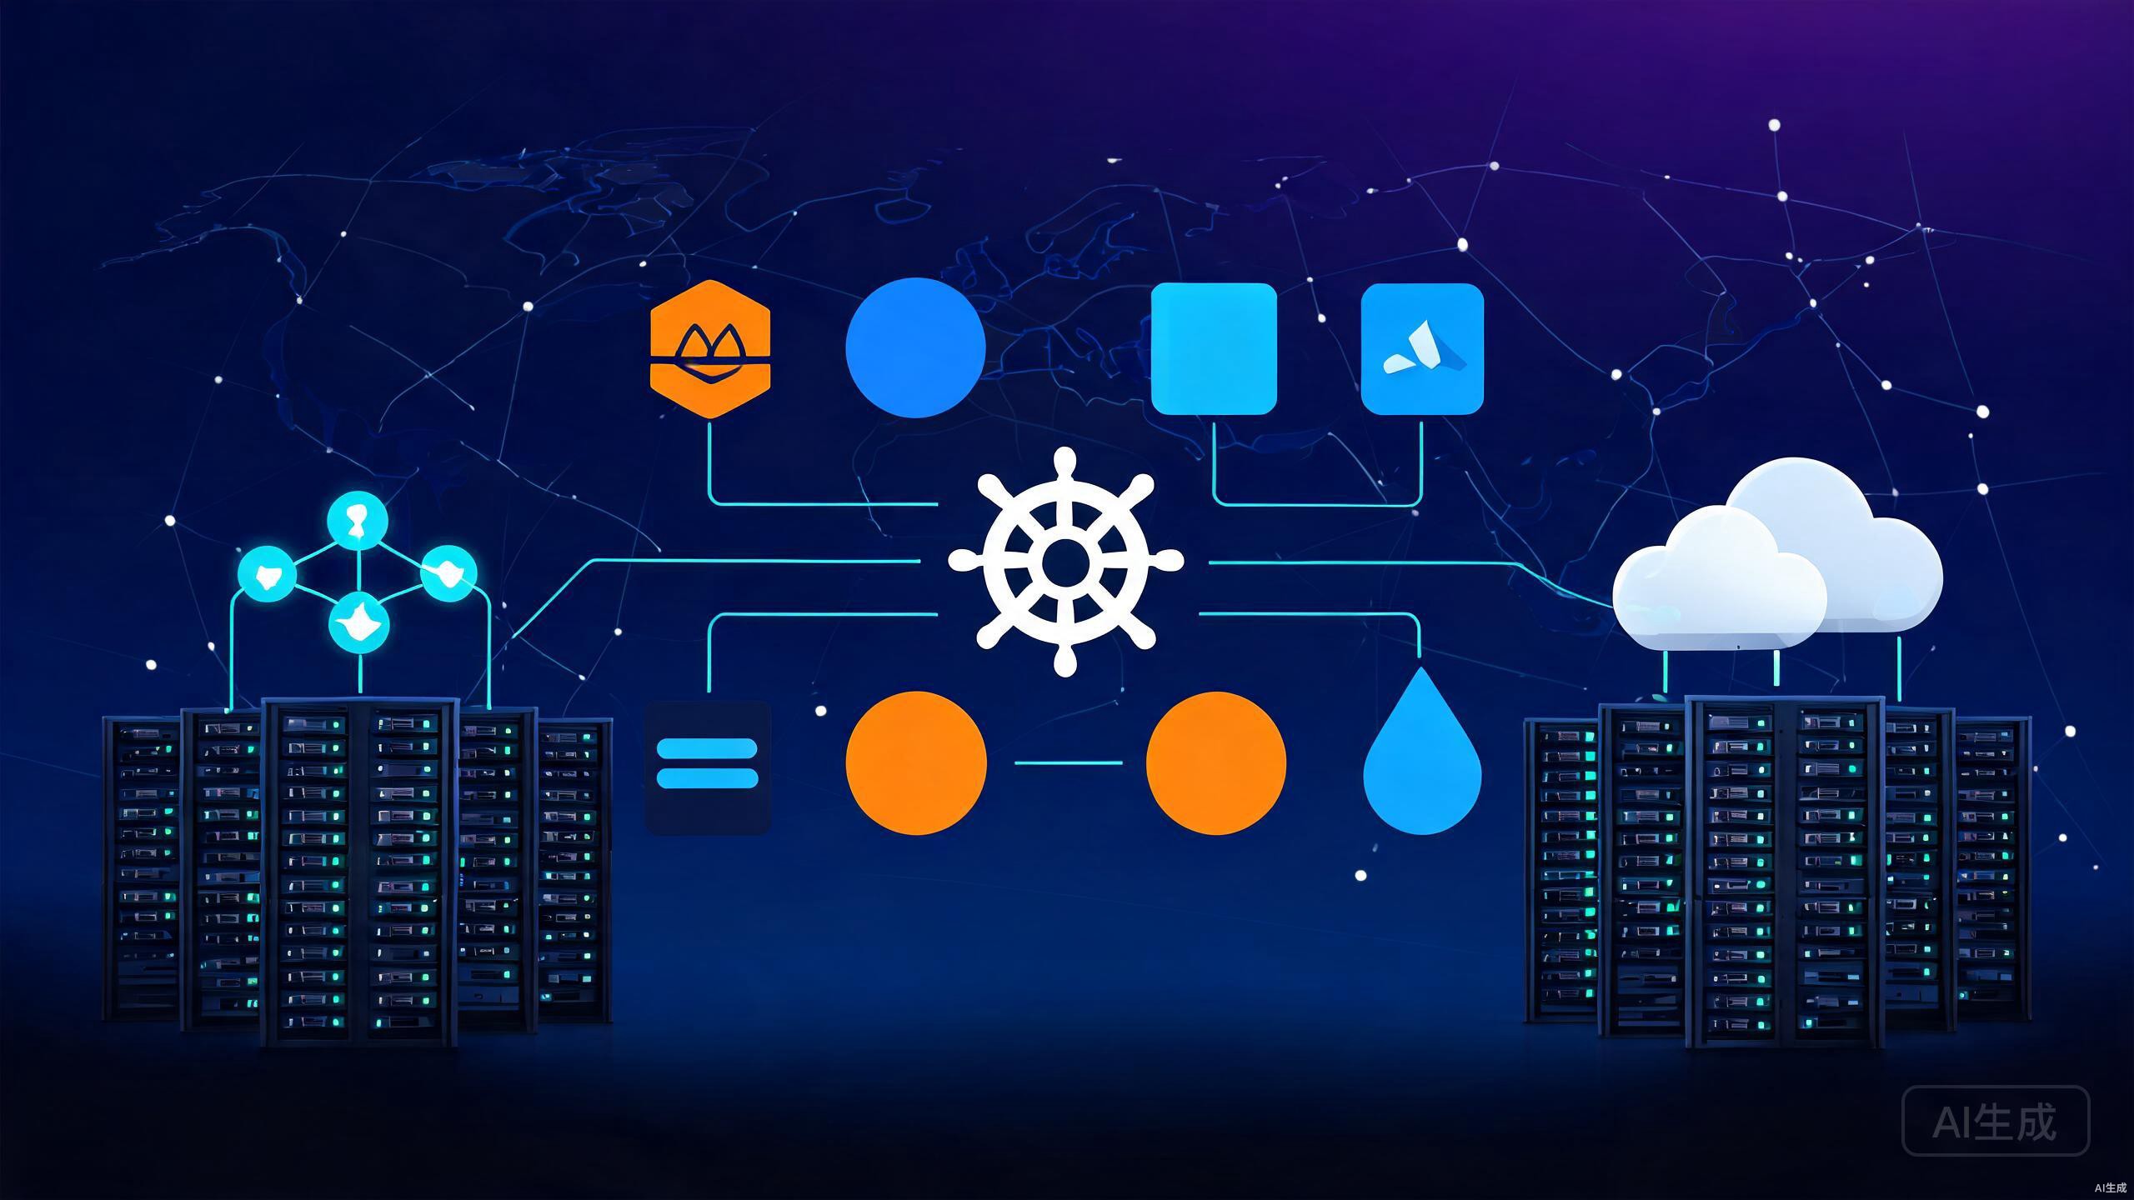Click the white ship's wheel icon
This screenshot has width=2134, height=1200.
(x=1065, y=560)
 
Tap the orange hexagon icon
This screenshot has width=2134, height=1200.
(x=709, y=348)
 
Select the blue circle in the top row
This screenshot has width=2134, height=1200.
(x=915, y=347)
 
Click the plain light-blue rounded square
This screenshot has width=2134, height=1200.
(x=1214, y=348)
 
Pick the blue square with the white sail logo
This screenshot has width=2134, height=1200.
(x=1422, y=348)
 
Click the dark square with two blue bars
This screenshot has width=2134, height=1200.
(x=708, y=767)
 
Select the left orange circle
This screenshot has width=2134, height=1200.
(x=916, y=762)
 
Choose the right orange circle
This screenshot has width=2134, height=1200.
(x=1216, y=762)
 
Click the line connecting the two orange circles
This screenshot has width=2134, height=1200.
(x=1068, y=762)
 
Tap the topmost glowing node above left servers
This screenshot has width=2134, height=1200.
(x=358, y=522)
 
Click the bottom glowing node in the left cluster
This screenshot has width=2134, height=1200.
(x=359, y=623)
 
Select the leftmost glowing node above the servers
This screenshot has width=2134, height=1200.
(x=267, y=574)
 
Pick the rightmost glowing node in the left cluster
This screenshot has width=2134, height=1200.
(x=448, y=573)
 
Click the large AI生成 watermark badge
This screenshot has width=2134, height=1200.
(x=1996, y=1121)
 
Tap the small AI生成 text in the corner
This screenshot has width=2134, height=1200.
(x=2110, y=1187)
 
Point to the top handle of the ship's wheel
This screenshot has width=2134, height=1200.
(x=1064, y=463)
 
